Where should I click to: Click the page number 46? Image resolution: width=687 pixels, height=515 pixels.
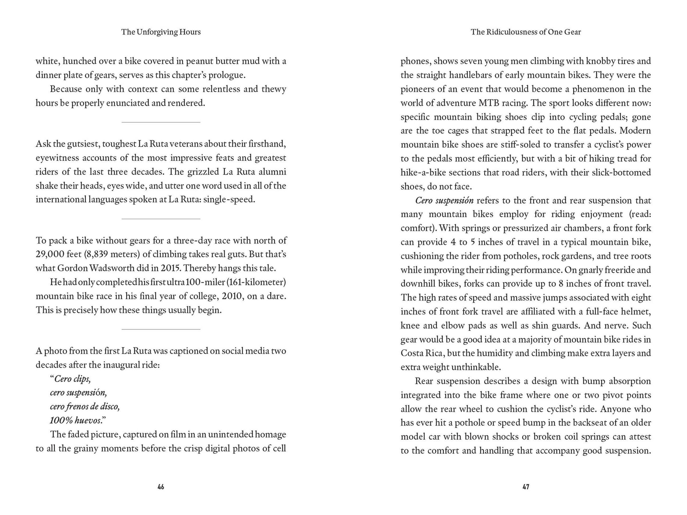161,487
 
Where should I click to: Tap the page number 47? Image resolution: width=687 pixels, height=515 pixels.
526,487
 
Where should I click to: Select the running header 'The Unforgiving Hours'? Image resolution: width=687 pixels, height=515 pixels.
161,32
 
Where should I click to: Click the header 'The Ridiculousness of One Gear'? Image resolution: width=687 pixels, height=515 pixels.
526,32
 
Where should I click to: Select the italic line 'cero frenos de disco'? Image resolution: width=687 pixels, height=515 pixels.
84,407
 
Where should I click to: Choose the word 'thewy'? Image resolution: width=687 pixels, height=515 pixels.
274,89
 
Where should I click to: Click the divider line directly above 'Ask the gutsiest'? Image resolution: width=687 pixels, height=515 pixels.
161,122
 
